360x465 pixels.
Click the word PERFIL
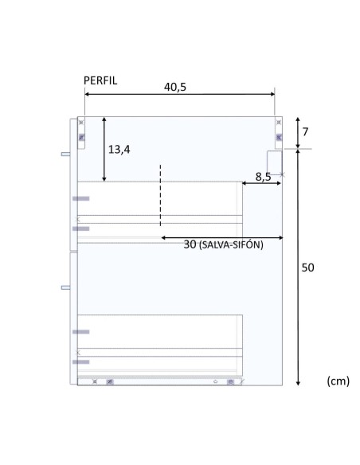click(x=100, y=80)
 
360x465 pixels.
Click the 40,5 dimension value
click(x=175, y=88)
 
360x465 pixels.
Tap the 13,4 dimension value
click(x=119, y=150)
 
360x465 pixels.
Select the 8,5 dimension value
click(x=263, y=177)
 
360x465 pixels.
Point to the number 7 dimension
click(x=305, y=132)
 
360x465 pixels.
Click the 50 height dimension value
click(x=307, y=268)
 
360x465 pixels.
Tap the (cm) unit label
click(x=338, y=381)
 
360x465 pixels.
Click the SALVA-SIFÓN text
click(x=231, y=245)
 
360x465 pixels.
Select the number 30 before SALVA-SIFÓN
click(x=190, y=244)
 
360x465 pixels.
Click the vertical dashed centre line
click(x=160, y=195)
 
